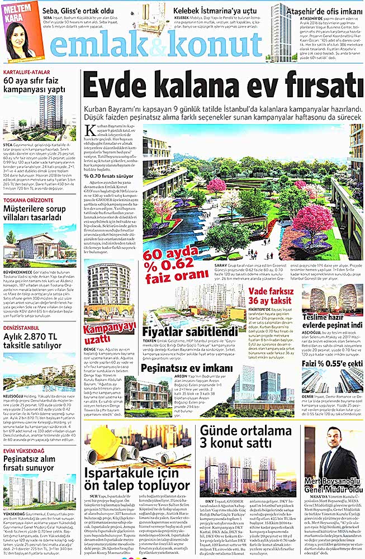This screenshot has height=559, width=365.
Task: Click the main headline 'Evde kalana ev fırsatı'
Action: point(221,87)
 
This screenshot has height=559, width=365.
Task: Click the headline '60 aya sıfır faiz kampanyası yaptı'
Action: point(34,86)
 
